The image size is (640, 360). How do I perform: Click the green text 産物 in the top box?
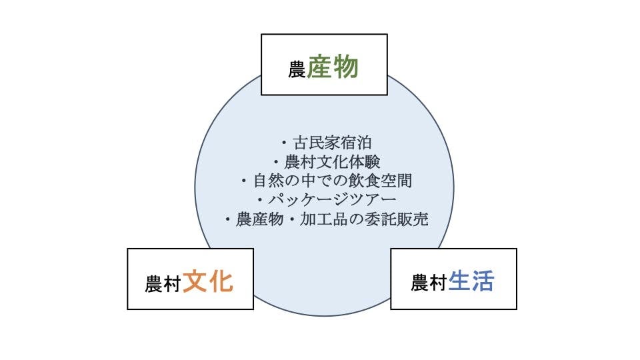[333, 68]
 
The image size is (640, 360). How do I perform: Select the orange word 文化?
[207, 281]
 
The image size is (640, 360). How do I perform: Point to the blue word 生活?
[471, 281]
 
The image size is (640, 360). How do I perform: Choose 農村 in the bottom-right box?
[428, 284]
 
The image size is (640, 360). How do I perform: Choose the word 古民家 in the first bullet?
[316, 143]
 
